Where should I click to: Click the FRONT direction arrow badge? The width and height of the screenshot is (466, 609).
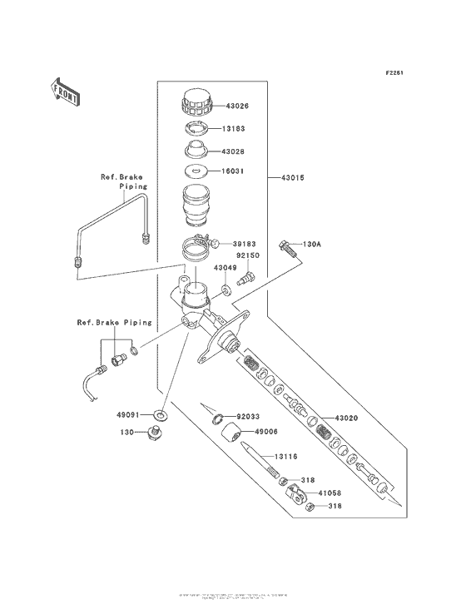[x=66, y=89]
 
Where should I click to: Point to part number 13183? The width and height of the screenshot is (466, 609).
[x=234, y=129]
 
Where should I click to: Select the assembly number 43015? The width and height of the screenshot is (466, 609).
[x=292, y=177]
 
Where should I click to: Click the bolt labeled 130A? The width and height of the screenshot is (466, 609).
[x=287, y=246]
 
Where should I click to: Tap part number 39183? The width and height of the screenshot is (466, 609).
[x=234, y=242]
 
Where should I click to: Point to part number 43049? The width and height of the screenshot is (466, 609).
[x=225, y=268]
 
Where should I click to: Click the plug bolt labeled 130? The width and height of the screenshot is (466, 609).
[x=155, y=432]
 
